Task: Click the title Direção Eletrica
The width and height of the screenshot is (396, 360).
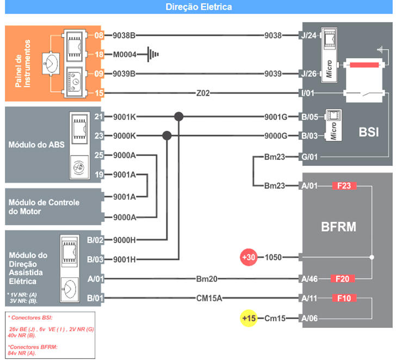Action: [198, 7]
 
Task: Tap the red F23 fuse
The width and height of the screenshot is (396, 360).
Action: [343, 186]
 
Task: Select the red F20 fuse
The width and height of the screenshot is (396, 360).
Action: [343, 279]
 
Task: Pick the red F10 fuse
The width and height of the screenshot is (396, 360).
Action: [343, 298]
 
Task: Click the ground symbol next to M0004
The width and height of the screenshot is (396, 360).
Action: [154, 54]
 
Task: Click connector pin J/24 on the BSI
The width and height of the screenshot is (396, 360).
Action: [308, 36]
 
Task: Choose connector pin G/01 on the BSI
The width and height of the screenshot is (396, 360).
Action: [308, 157]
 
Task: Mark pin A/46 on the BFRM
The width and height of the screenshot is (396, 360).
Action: [308, 279]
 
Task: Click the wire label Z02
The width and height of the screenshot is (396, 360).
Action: [203, 94]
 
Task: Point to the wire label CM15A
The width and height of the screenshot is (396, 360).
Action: [209, 298]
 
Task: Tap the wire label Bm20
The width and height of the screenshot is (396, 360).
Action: [207, 279]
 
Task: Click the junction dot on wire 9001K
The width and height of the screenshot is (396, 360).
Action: [178, 116]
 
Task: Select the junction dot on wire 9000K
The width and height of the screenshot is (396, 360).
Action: [166, 135]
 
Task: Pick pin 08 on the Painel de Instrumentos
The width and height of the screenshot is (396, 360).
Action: [98, 36]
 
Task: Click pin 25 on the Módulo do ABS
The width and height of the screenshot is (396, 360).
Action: [98, 156]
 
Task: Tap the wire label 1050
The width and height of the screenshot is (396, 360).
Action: [273, 257]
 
